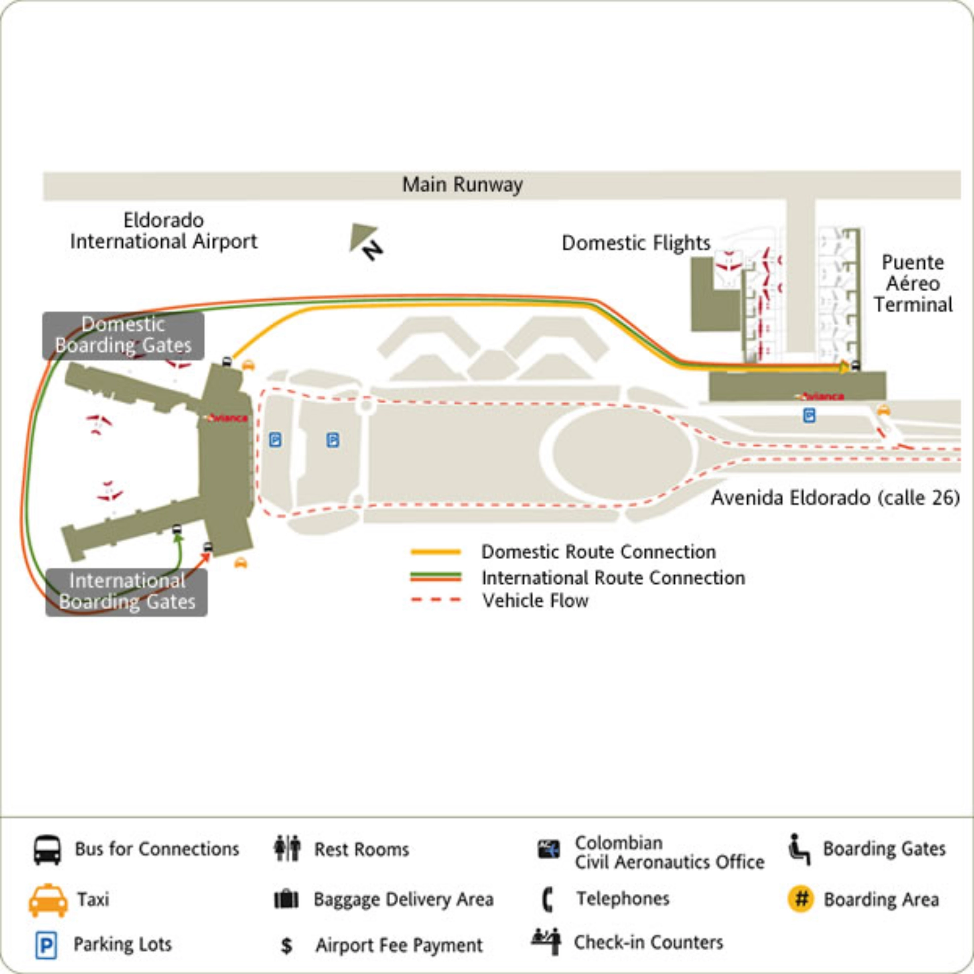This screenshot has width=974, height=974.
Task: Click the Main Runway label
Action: pyautogui.click(x=462, y=185)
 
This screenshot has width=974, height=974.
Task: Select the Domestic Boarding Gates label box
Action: pyautogui.click(x=123, y=335)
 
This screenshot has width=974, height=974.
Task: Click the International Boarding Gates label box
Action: pyautogui.click(x=126, y=592)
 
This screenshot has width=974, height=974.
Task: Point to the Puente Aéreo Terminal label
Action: pyautogui.click(x=913, y=284)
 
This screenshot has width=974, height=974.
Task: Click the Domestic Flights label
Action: pyautogui.click(x=636, y=243)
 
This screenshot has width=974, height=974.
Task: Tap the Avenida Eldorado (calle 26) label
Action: pyautogui.click(x=835, y=498)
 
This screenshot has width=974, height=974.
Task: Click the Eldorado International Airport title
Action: pyautogui.click(x=163, y=231)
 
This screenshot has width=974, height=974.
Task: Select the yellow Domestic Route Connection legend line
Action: pyautogui.click(x=436, y=552)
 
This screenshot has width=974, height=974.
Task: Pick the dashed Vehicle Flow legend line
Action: pyautogui.click(x=436, y=600)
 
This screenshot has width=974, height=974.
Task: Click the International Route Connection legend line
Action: pyautogui.click(x=436, y=577)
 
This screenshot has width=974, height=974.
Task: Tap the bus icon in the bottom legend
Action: pyautogui.click(x=48, y=850)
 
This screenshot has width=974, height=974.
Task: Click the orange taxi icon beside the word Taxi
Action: pyautogui.click(x=48, y=900)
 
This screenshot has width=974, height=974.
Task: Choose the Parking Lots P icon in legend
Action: pyautogui.click(x=46, y=945)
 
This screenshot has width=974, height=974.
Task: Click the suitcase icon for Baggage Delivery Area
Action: pyautogui.click(x=287, y=899)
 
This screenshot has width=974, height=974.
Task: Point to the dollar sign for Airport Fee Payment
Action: pyautogui.click(x=287, y=946)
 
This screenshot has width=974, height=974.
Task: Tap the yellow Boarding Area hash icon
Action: pyautogui.click(x=801, y=899)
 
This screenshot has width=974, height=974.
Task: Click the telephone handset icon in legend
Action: pyautogui.click(x=547, y=899)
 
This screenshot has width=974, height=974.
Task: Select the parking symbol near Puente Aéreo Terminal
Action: pyautogui.click(x=809, y=415)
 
